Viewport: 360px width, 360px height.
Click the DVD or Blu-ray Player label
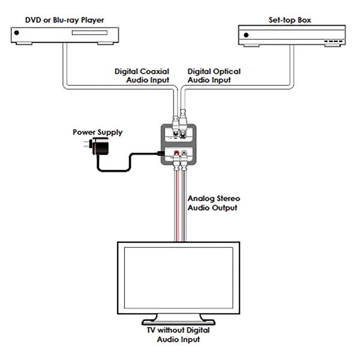pos(65,20)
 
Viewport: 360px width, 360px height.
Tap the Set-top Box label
pos(291,20)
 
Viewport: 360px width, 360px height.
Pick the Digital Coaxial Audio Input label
pos(143,76)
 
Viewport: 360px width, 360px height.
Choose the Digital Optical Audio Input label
pos(214,76)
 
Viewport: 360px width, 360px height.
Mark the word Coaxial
pos(155,71)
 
